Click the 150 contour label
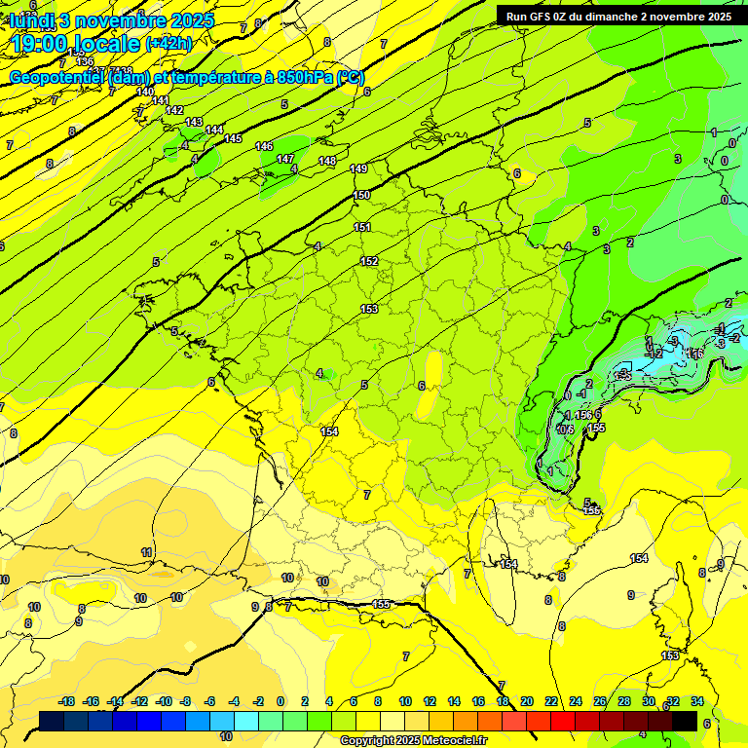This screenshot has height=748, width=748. coord(361,196)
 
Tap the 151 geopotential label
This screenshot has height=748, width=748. coord(362,228)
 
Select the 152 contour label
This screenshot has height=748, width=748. coord(369,262)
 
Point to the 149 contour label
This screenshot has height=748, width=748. coord(359,169)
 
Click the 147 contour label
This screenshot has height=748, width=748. coord(285,159)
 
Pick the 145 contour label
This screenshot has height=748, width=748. coord(233,139)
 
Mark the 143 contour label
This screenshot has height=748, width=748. coord(194,122)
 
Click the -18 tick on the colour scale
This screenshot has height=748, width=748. coord(67,701)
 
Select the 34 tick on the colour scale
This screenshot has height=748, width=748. coord(696,701)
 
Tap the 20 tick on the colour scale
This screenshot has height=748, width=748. coord(527,701)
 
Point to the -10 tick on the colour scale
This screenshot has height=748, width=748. coord(165,701)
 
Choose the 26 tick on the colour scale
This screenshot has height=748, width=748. coord(600,701)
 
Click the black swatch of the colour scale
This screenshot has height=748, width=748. coord(685,721)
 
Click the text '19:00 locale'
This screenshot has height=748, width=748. coord(76,44)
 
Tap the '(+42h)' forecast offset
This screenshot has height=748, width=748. coord(168,44)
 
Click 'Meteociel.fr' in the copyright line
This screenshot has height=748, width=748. coord(453,741)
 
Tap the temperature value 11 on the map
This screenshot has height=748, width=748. coord(147,552)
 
